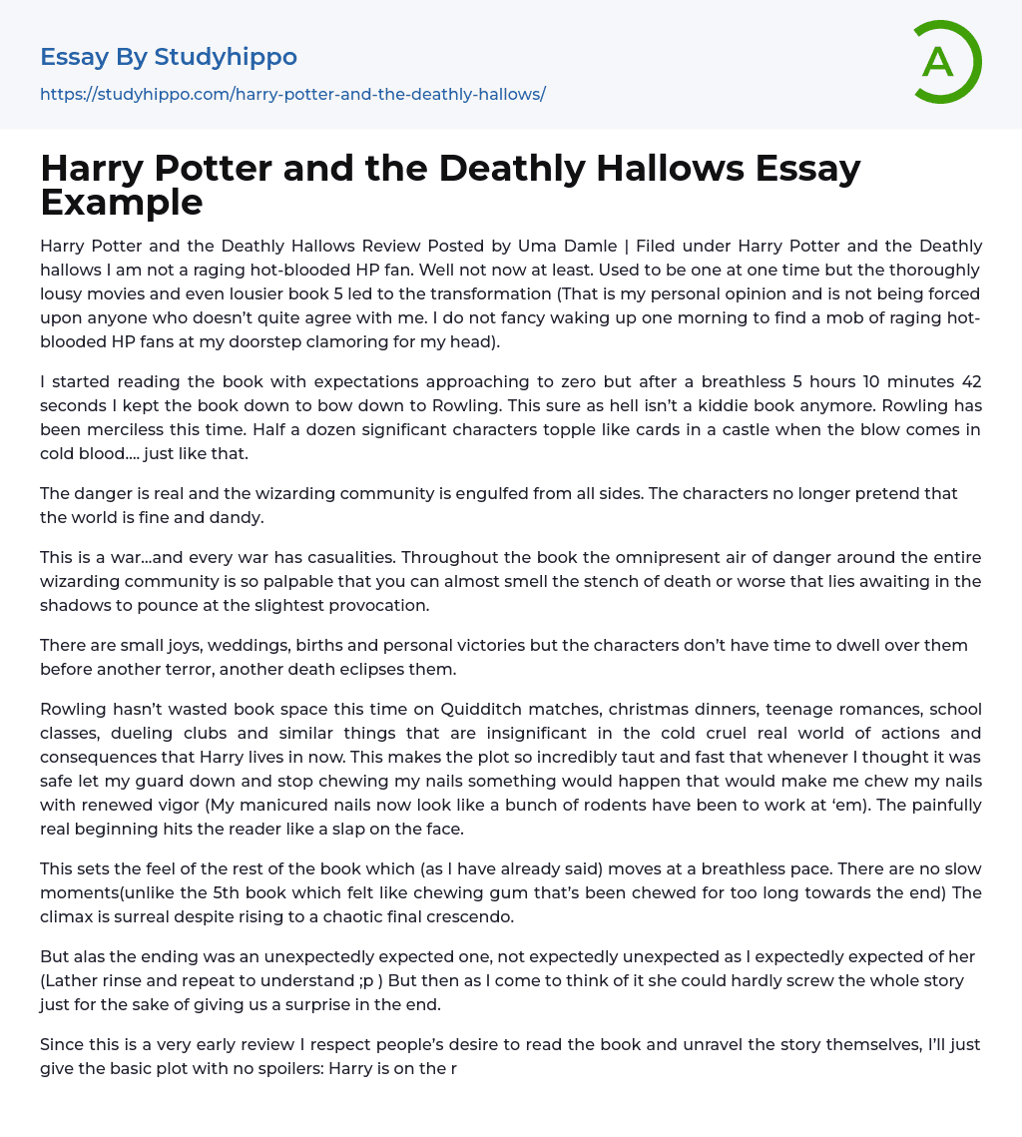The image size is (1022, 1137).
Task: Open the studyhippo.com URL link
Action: tap(292, 94)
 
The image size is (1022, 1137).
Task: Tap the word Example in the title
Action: tap(122, 203)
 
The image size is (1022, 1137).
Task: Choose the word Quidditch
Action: tap(505, 709)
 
